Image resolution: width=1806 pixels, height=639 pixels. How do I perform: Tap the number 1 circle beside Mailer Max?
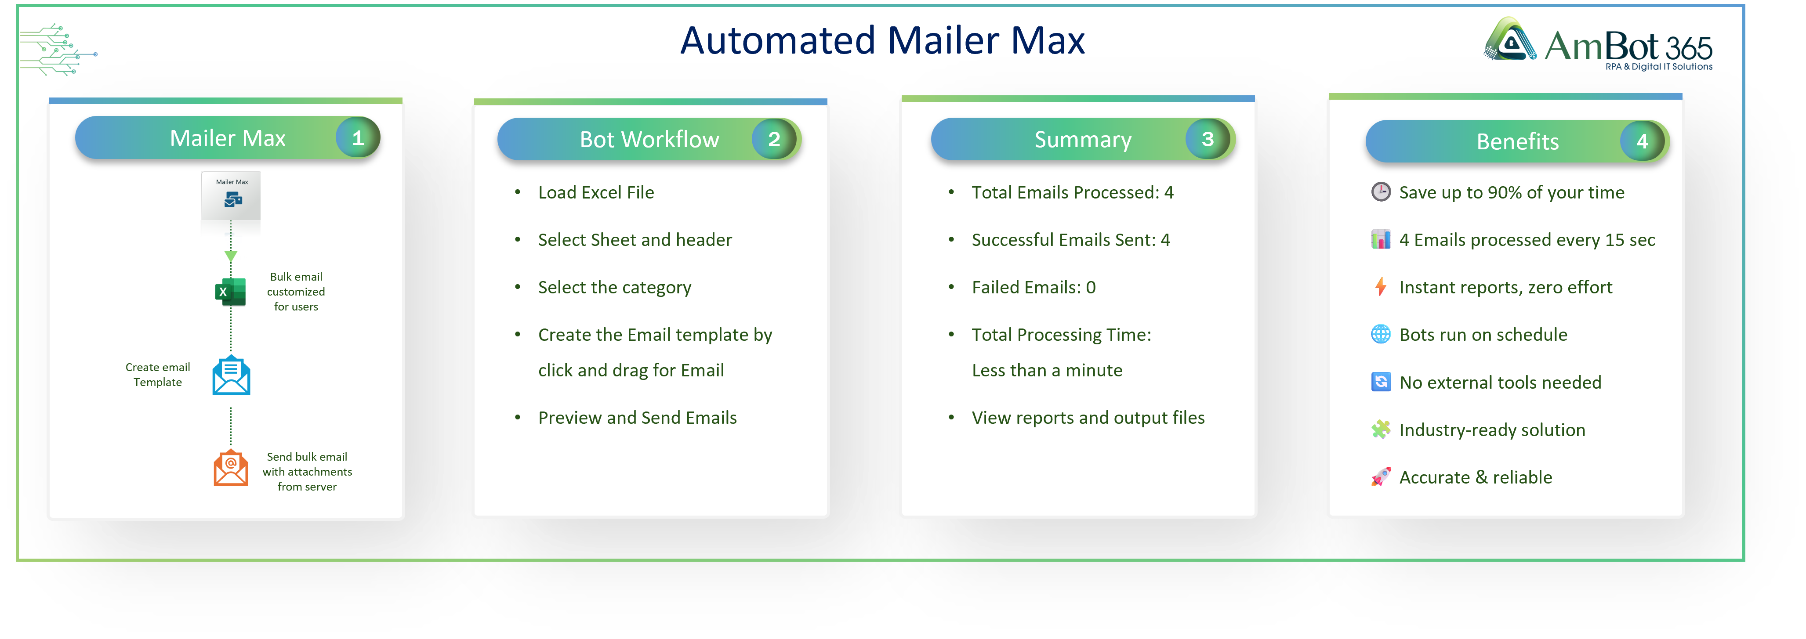click(358, 138)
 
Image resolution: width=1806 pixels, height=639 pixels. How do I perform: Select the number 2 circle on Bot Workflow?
click(773, 139)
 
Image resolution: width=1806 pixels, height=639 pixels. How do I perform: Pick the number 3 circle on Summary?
click(1207, 139)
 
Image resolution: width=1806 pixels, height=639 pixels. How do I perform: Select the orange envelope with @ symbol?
click(231, 468)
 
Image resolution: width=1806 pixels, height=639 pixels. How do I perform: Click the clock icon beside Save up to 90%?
click(1381, 192)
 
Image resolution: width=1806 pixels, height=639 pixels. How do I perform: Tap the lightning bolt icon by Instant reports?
click(1381, 287)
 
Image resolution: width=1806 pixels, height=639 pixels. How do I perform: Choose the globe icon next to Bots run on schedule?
click(1381, 334)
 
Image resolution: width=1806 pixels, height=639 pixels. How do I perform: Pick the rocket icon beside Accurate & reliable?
click(1381, 477)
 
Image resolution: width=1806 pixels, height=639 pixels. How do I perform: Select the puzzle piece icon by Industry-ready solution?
click(1381, 430)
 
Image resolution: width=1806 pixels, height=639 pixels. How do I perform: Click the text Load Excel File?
click(595, 193)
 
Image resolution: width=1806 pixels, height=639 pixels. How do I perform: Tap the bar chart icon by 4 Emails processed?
click(1381, 240)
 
